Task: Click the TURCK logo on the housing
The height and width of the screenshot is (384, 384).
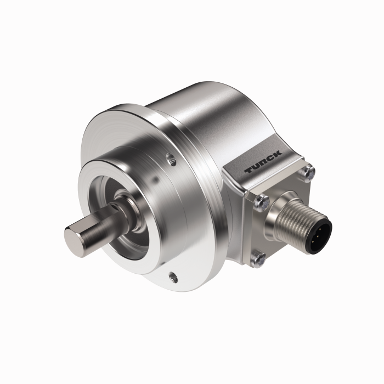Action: tap(264, 163)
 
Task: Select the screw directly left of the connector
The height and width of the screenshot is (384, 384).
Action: tap(261, 202)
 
